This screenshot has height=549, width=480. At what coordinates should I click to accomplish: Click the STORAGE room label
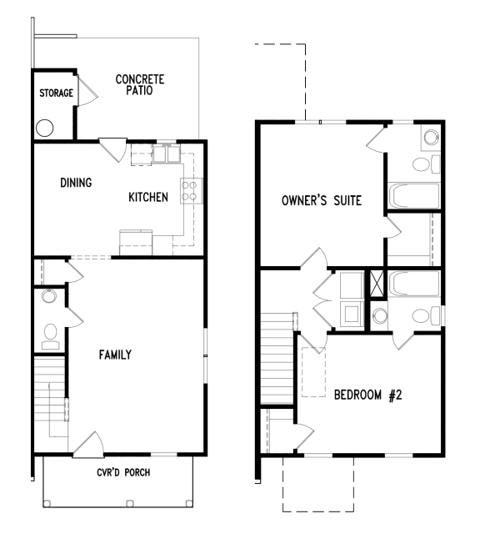[x=56, y=93]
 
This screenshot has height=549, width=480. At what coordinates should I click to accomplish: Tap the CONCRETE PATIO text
[x=140, y=85]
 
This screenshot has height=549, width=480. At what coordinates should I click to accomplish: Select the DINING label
[x=76, y=182]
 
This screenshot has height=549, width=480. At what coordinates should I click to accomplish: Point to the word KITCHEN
[x=148, y=198]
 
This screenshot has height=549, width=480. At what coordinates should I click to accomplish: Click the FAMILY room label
[x=115, y=355]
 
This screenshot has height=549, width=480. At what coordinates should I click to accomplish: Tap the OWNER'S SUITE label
[x=321, y=200]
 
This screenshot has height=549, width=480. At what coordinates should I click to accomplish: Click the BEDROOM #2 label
[x=367, y=395]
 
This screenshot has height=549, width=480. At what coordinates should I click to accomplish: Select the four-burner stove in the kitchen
[x=190, y=191]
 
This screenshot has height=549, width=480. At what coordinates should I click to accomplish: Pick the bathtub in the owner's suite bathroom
[x=413, y=197]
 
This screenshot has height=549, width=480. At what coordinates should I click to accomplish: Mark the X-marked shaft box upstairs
[x=377, y=284]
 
